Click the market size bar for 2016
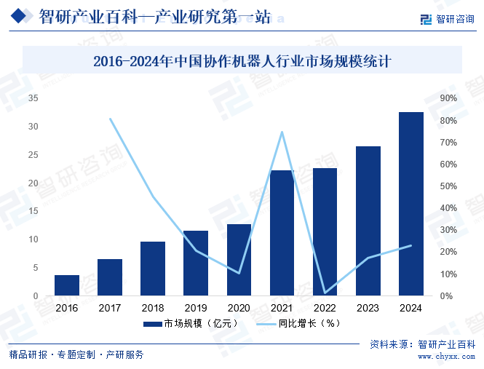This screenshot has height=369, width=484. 67,285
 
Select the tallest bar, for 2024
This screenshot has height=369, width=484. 411,204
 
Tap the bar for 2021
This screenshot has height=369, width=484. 282,233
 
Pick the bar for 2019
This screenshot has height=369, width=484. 196,263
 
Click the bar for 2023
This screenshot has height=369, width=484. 368,221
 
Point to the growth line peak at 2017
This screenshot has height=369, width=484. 110,119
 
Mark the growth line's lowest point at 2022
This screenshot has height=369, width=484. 325,293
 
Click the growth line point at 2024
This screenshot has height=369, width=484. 411,245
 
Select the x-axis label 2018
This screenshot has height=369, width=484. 152,309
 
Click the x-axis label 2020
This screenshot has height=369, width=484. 239,309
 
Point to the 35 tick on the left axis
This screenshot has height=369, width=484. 33,98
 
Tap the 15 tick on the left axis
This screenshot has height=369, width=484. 33,211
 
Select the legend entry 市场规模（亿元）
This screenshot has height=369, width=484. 185,323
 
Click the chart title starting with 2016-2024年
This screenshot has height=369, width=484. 242,61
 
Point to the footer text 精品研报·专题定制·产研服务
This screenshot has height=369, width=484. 76,355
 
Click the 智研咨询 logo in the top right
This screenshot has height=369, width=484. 448,19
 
